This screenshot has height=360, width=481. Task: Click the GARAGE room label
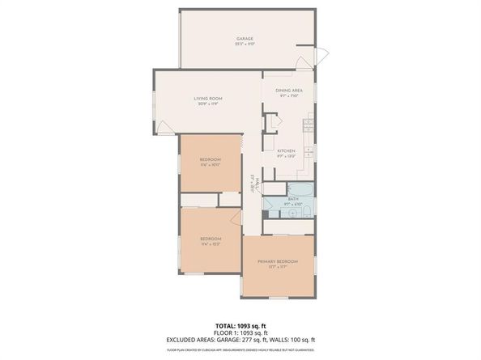coord(245,38)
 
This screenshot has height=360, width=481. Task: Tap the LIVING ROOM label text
coord(208,99)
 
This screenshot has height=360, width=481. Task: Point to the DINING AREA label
coord(288,90)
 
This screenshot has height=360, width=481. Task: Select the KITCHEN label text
coord(286,150)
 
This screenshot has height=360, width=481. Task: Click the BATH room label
coord(292,198)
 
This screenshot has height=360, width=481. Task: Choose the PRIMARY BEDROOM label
coord(278,262)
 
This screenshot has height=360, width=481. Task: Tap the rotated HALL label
coord(254,183)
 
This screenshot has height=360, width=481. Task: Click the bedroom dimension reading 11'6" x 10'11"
coord(211,165)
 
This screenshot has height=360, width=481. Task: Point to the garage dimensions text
coord(245,44)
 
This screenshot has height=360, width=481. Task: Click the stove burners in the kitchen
coord(308,125)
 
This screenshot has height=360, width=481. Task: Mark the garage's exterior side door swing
coord(320,57)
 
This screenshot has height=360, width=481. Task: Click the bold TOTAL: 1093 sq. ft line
coord(240,325)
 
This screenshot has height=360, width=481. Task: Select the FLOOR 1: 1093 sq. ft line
coord(240,332)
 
